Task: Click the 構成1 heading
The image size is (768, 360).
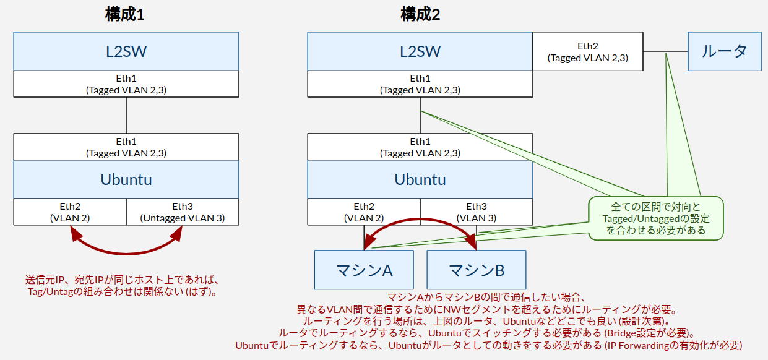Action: tap(125, 15)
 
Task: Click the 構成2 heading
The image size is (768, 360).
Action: tap(420, 15)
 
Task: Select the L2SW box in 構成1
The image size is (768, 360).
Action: tap(126, 51)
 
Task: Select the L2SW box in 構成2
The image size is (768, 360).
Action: tap(420, 51)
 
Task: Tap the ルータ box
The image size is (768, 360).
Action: tap(725, 51)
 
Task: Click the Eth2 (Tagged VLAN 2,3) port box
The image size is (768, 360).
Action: tap(588, 51)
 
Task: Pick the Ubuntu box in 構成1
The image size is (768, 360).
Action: tap(126, 179)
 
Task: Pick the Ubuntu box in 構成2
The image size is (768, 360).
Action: tap(420, 179)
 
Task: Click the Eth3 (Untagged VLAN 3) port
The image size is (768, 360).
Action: tap(183, 212)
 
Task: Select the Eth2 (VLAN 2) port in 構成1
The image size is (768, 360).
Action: tap(70, 212)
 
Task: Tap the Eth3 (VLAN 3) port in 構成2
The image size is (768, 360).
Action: tap(477, 212)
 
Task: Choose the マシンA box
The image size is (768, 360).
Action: tap(364, 270)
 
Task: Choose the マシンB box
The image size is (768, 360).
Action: tap(477, 270)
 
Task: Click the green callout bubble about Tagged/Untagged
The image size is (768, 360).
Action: tap(656, 218)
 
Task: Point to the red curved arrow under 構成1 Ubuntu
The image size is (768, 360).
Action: tap(126, 254)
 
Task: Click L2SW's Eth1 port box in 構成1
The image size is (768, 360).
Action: tap(126, 84)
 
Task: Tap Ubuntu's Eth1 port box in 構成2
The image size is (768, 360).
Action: tap(420, 147)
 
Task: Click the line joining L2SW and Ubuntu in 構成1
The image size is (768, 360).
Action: tap(126, 116)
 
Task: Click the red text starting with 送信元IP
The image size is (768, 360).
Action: tap(122, 286)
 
